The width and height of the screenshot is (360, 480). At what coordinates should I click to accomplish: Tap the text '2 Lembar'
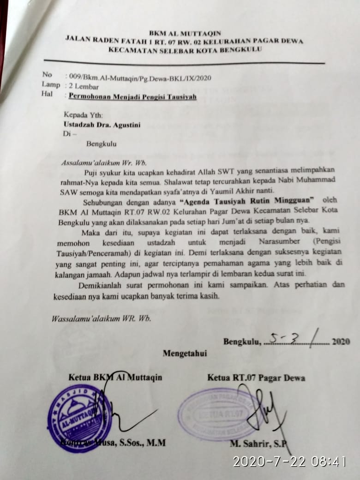(x=84, y=86)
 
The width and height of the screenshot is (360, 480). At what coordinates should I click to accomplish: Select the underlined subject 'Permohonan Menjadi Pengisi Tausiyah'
(x=132, y=96)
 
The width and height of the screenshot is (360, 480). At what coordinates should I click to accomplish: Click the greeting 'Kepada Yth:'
(x=84, y=115)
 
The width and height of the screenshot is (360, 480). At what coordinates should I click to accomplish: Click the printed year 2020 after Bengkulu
(x=341, y=342)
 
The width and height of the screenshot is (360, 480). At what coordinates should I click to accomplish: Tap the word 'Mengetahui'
(x=185, y=354)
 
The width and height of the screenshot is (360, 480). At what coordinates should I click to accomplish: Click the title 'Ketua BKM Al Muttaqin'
(x=115, y=378)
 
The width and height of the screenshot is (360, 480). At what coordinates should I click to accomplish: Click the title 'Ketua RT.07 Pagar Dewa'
(x=256, y=378)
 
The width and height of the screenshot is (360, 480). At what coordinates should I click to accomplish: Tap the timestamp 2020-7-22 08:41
(x=289, y=461)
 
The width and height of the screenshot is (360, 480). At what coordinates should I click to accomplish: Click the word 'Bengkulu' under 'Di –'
(x=101, y=144)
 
